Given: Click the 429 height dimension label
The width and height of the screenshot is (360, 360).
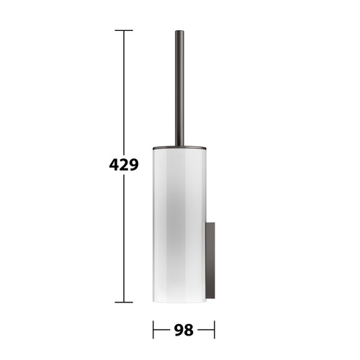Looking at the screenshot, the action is coord(124,165).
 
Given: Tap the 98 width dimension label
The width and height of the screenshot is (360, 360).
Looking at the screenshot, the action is coord(184,330).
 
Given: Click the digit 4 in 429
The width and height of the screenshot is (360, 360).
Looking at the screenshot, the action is coord(114,165).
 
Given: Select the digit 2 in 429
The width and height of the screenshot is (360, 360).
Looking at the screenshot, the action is coord(124,165).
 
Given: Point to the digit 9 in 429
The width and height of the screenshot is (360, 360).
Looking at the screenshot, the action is coord(134,165).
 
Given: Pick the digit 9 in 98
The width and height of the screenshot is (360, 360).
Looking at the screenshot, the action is coord(179,330).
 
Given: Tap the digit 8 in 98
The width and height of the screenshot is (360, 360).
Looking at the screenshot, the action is coord(189,330).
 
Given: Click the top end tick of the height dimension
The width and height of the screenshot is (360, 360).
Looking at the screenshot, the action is coord(124,30).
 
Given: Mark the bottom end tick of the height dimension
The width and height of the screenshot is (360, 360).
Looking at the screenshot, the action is coord(124,302).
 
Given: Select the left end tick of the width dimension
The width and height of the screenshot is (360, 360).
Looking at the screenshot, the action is coord(153,330).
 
